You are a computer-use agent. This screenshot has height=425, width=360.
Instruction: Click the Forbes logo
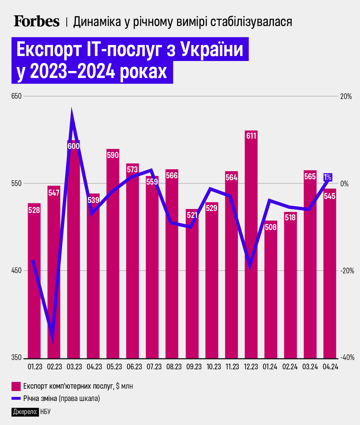click(x=37, y=21)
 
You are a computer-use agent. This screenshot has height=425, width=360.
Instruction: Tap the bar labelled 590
click(x=113, y=253)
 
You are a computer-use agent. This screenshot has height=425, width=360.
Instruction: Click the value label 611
click(x=251, y=136)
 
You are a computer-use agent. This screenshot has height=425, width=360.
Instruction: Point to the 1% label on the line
click(x=328, y=177)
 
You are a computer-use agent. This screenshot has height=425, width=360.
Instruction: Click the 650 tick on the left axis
click(x=16, y=96)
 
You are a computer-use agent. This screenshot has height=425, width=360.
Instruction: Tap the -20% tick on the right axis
click(x=347, y=271)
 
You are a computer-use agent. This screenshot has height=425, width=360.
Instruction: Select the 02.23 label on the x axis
click(x=54, y=367)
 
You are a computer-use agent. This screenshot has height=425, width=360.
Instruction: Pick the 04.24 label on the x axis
click(x=330, y=367)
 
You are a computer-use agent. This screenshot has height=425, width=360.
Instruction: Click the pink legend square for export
click(x=16, y=386)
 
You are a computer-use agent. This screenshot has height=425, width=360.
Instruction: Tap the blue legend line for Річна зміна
click(x=16, y=398)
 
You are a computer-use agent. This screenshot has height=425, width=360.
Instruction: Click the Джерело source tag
click(x=25, y=412)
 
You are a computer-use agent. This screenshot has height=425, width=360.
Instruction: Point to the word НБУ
click(x=45, y=412)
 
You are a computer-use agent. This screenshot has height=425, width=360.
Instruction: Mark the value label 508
click(x=271, y=227)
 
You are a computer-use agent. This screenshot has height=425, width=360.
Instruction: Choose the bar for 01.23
click(x=34, y=280)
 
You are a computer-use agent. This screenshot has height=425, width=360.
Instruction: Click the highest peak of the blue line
click(x=72, y=110)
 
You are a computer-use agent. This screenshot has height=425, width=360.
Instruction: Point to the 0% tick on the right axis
click(x=344, y=184)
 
